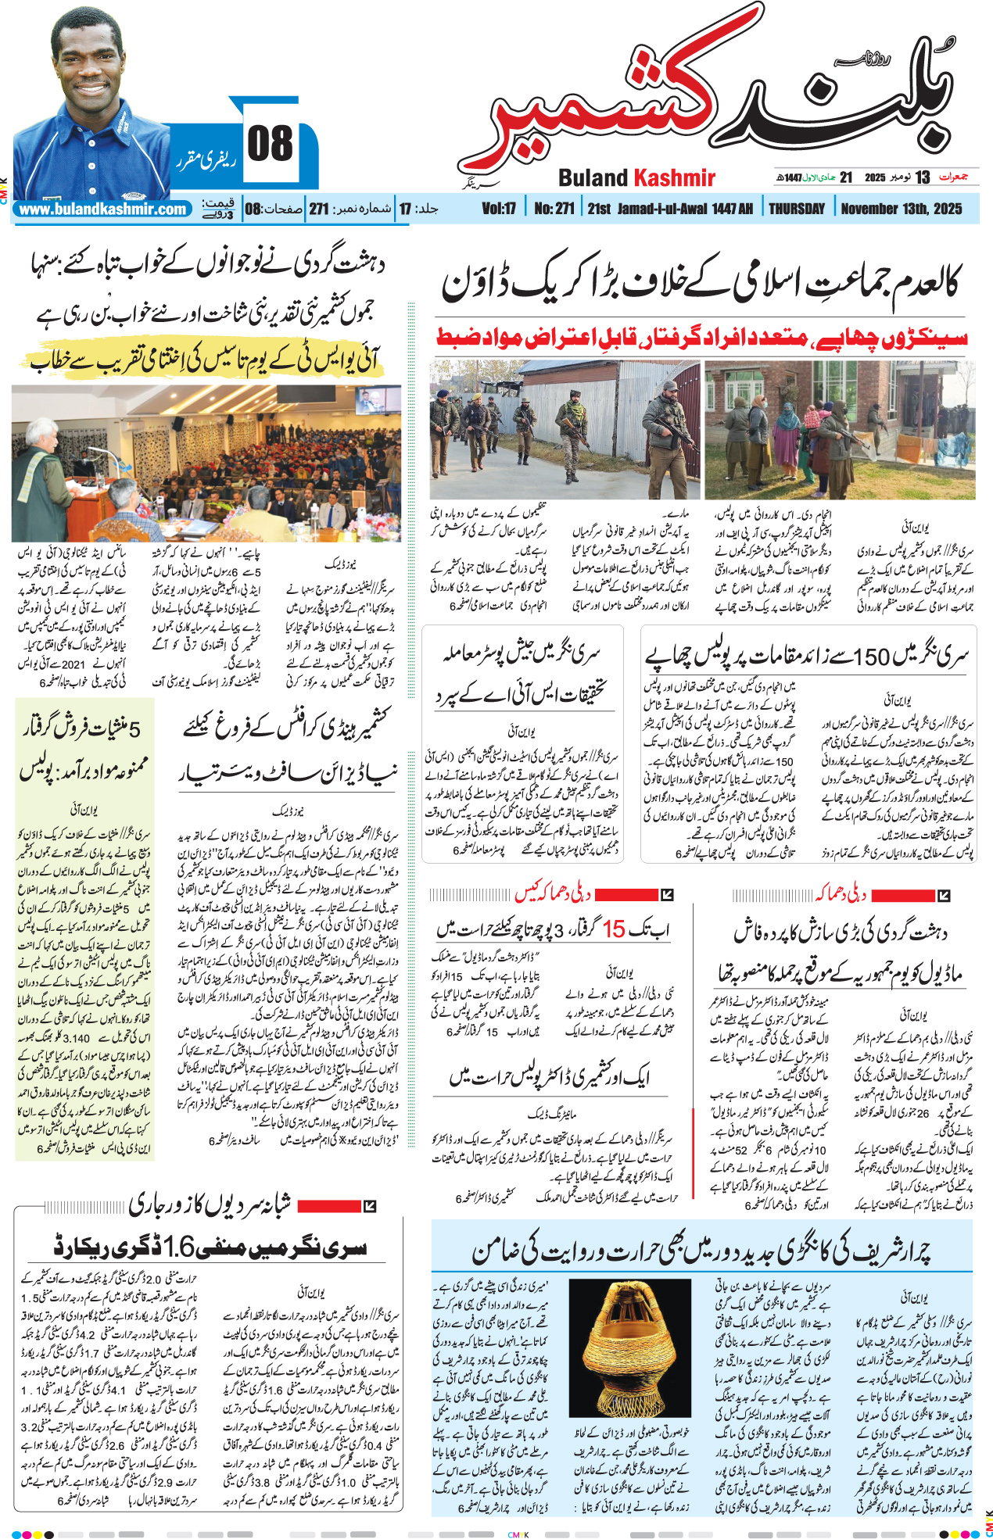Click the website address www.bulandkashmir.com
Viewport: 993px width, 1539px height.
coord(102,209)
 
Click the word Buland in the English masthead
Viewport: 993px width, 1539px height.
coord(593,178)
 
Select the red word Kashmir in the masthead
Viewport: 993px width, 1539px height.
coord(674,178)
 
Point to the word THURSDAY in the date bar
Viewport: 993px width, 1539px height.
coord(797,209)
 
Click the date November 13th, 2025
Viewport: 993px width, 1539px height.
coord(901,209)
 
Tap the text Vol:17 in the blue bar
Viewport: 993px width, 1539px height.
coord(499,209)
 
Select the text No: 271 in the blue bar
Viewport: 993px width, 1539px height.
coord(554,209)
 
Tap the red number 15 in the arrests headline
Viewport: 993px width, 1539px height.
coord(614,929)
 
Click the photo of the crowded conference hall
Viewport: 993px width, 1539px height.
coord(206,463)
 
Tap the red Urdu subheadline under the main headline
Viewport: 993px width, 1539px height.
coord(701,338)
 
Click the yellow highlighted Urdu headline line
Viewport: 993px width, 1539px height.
coord(205,360)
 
